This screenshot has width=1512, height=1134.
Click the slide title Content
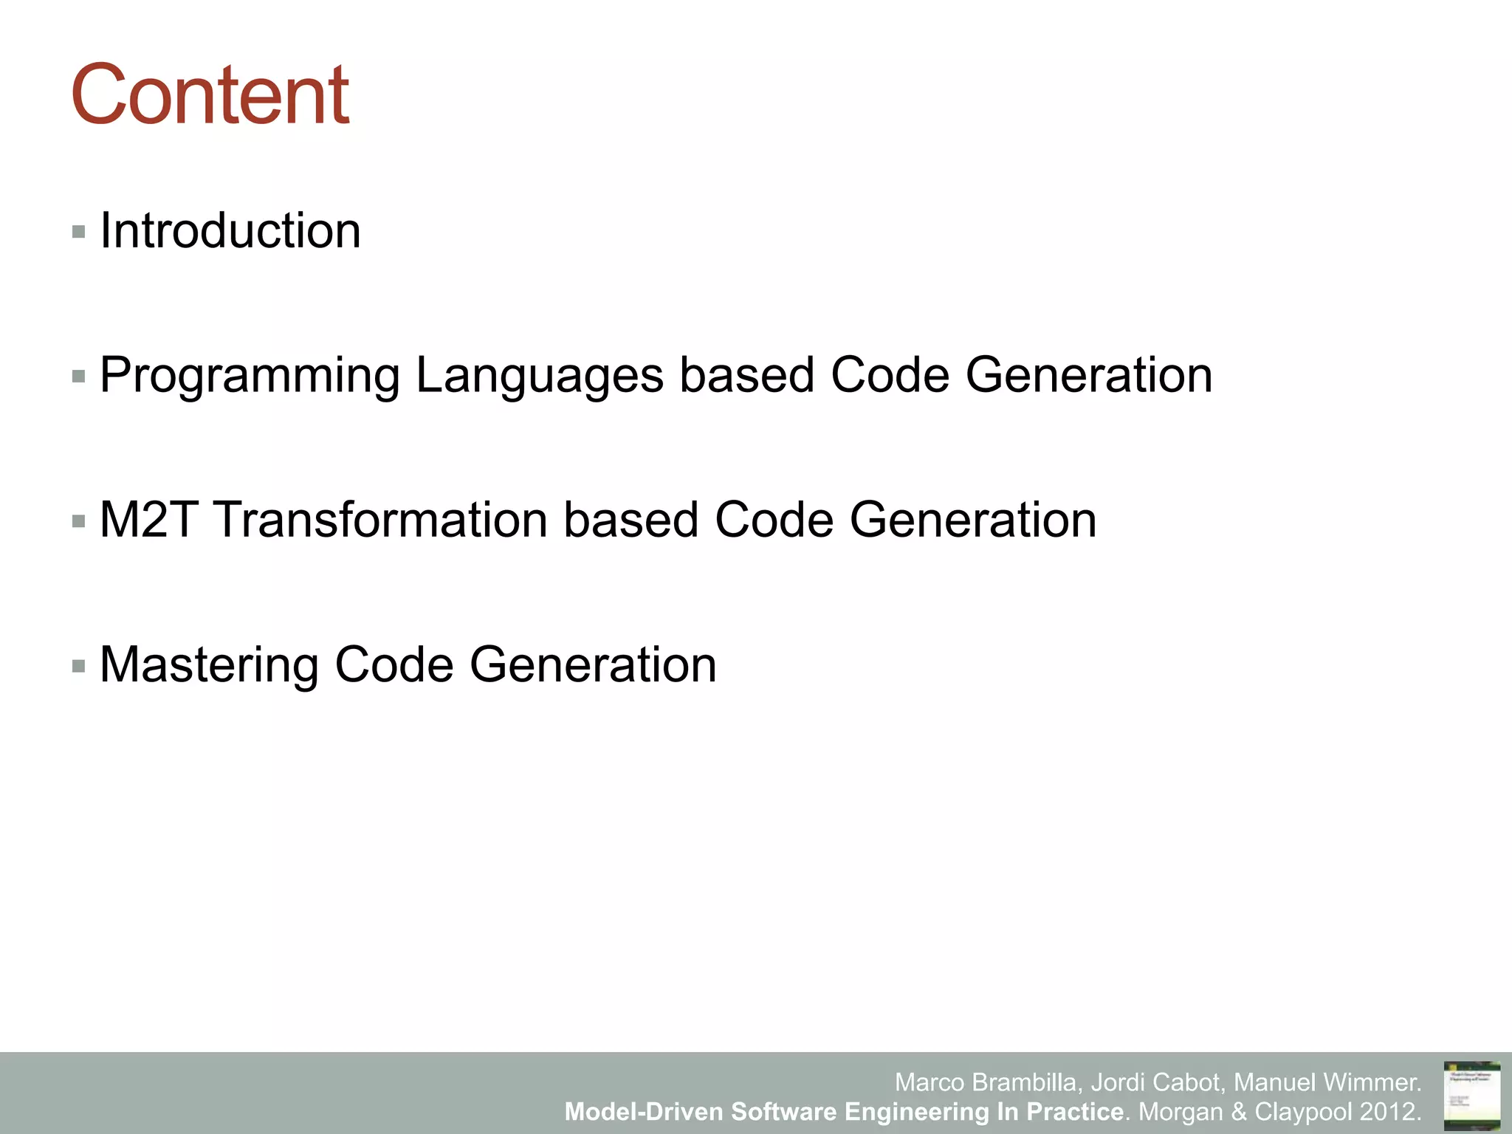coord(210,95)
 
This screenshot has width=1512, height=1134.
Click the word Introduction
coord(230,231)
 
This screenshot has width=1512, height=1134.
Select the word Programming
coord(249,377)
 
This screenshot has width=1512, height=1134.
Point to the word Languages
coord(539,377)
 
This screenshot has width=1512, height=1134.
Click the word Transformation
coord(380,520)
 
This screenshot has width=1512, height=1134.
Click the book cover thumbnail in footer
coord(1471,1096)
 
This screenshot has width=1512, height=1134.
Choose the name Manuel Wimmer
coord(1327,1082)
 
